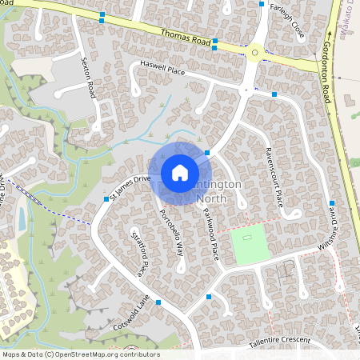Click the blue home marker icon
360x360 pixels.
point(180,172)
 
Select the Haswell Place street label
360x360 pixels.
point(162,70)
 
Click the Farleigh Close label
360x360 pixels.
point(288,22)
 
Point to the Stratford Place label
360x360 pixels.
point(137,254)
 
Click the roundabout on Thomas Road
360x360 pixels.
point(255,54)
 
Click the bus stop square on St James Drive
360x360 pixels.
point(106,198)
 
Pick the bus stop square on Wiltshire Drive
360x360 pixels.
point(331,204)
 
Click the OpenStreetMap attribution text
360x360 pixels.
point(81,354)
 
